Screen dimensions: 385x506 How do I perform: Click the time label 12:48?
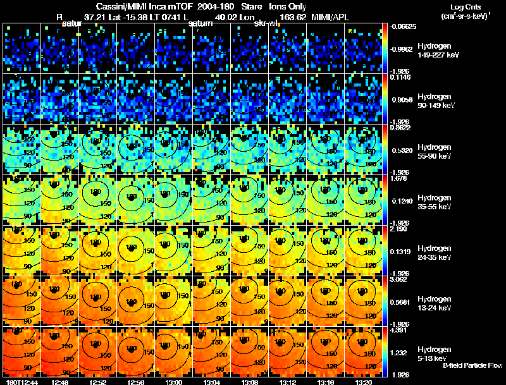tap(61, 382)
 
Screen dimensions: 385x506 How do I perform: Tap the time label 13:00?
tap(174, 382)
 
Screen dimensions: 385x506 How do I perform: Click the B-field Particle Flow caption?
tap(463, 365)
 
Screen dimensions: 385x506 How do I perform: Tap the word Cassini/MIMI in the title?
tap(121, 6)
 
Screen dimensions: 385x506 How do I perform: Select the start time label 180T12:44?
tap(22, 382)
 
